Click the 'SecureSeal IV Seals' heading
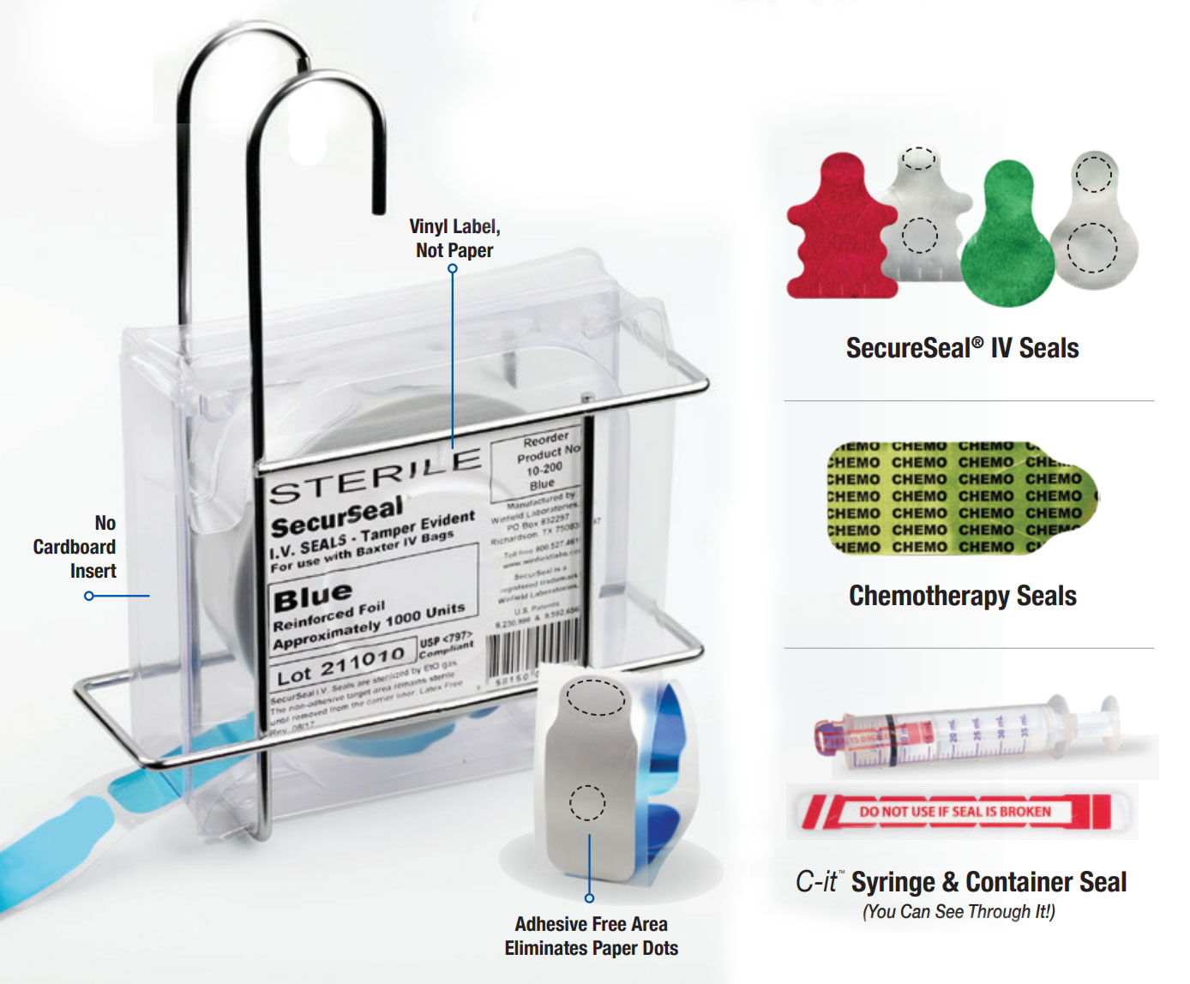coord(962,348)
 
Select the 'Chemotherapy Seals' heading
coord(962,596)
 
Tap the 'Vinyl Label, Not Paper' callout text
coord(454,238)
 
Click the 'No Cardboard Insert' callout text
coord(75,547)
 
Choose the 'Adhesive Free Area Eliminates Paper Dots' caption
coord(591,936)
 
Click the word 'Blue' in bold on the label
coord(312,596)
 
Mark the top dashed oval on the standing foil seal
coord(595,697)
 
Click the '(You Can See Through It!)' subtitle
coord(959,911)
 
